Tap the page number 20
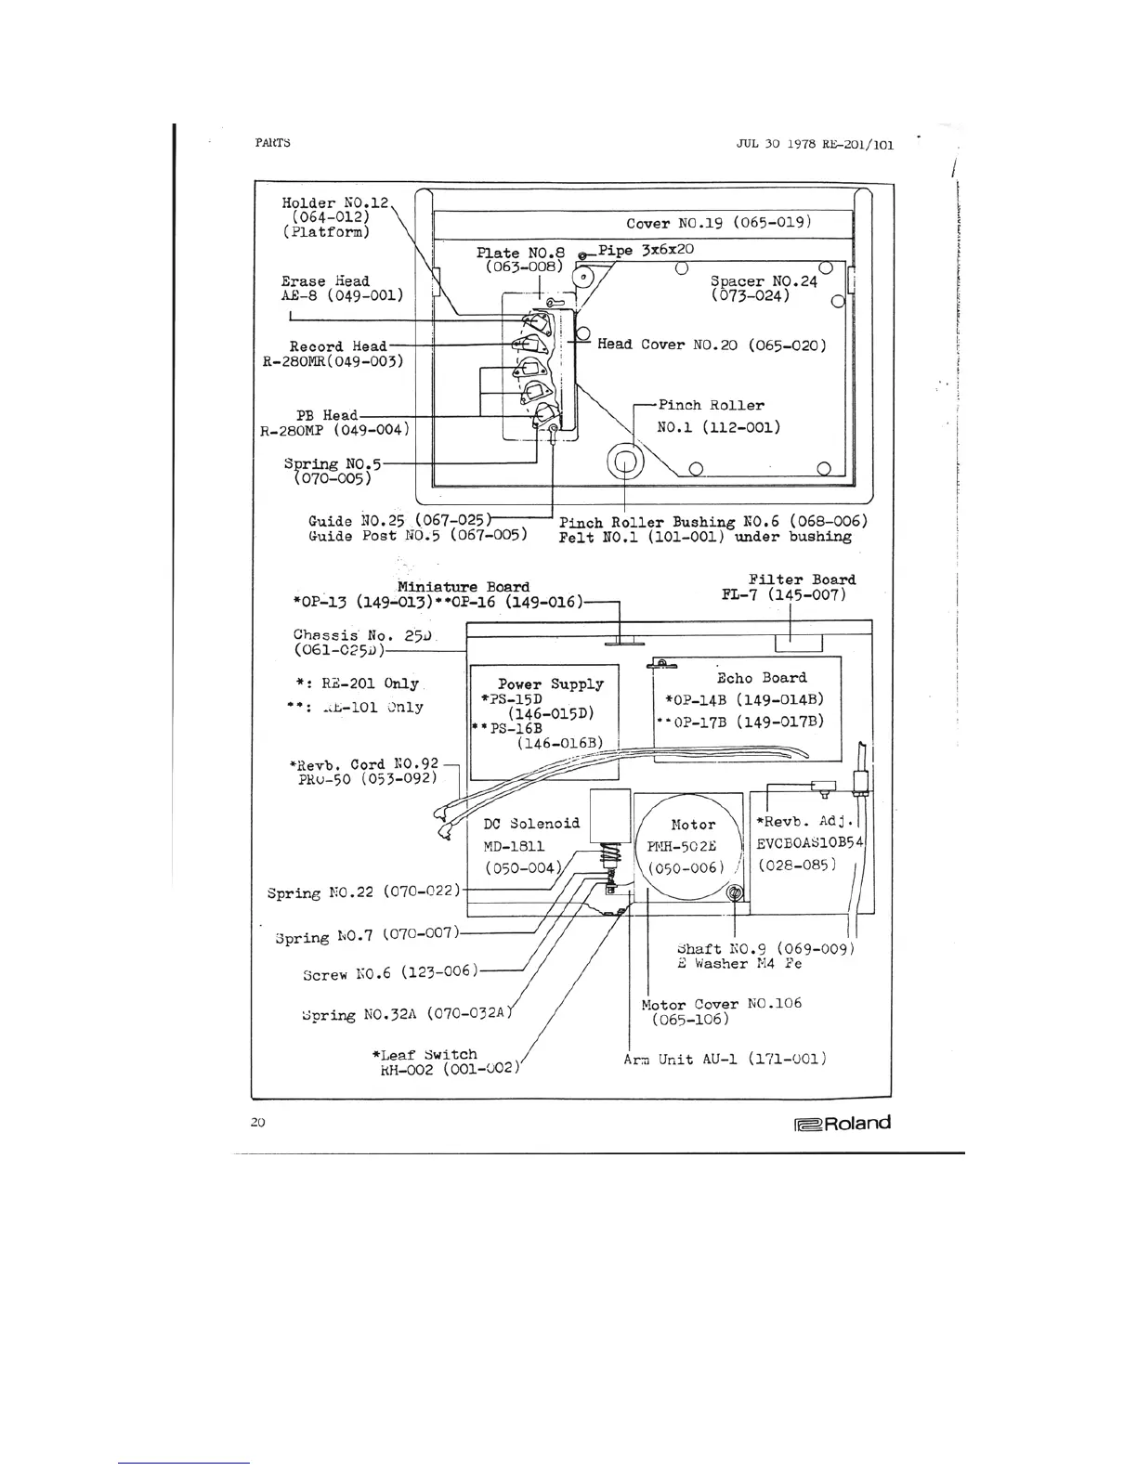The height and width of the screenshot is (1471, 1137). click(x=258, y=1122)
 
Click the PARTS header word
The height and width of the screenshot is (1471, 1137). click(x=272, y=143)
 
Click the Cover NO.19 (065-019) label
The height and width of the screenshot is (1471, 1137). click(x=719, y=223)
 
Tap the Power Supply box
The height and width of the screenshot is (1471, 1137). click(x=544, y=722)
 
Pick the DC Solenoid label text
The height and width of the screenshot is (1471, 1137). click(x=531, y=824)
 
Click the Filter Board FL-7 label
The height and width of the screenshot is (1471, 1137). click(x=789, y=587)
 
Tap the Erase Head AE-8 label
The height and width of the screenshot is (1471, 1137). click(x=342, y=288)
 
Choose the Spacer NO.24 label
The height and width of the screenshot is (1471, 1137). click(x=763, y=288)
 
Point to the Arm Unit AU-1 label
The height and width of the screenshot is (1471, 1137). click(x=725, y=1059)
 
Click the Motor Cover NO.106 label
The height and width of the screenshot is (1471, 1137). click(x=721, y=1010)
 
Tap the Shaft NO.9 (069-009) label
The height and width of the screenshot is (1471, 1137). click(x=765, y=956)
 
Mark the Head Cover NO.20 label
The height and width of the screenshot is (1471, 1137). click(x=712, y=345)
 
